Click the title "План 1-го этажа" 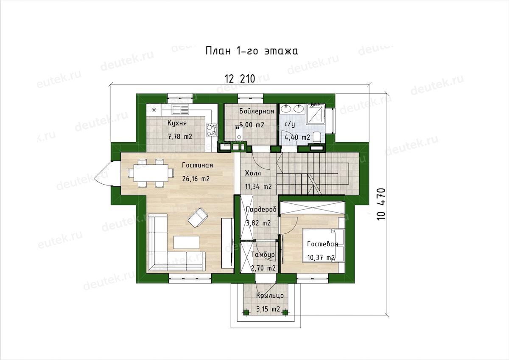[252, 51]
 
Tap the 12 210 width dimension [240, 79]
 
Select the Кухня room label [177, 123]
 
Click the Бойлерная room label [257, 111]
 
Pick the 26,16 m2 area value [196, 179]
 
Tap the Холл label [253, 173]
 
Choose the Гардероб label [261, 209]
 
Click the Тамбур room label [263, 255]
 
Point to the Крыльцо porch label [270, 295]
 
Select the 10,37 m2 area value [321, 258]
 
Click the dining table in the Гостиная [151, 173]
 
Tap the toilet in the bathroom [317, 137]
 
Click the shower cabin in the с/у [316, 114]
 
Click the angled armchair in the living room [198, 218]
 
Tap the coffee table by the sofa [187, 242]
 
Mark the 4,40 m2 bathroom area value [297, 138]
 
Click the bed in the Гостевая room [323, 245]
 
